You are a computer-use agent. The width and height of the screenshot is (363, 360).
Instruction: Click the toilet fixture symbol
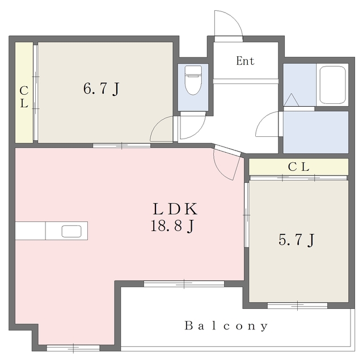click(x=193, y=80)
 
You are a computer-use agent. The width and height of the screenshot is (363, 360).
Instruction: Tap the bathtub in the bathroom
click(x=332, y=85)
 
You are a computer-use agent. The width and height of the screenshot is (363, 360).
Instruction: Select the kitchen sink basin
click(x=71, y=231)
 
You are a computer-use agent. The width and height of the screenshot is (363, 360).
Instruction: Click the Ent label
click(x=245, y=61)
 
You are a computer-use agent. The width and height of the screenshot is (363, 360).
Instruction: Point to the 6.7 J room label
click(x=101, y=89)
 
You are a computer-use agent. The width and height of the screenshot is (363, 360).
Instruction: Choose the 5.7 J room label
click(x=296, y=240)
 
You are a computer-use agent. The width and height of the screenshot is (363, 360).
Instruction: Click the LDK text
click(x=175, y=209)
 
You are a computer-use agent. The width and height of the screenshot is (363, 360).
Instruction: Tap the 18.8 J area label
click(x=172, y=226)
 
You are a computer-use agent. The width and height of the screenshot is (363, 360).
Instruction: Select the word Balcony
click(x=226, y=326)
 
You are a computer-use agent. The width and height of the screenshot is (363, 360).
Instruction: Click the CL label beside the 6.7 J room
click(x=24, y=97)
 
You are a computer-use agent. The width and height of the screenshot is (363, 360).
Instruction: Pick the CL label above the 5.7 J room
click(x=299, y=167)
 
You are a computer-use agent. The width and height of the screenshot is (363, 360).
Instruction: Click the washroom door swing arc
click(x=261, y=119)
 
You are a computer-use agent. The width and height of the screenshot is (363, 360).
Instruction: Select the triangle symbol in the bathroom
click(x=291, y=100)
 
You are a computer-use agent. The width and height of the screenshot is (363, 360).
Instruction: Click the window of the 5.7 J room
click(x=297, y=305)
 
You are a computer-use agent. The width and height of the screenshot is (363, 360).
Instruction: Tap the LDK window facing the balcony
click(x=184, y=284)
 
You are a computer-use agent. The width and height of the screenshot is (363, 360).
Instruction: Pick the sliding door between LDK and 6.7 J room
click(x=121, y=146)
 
